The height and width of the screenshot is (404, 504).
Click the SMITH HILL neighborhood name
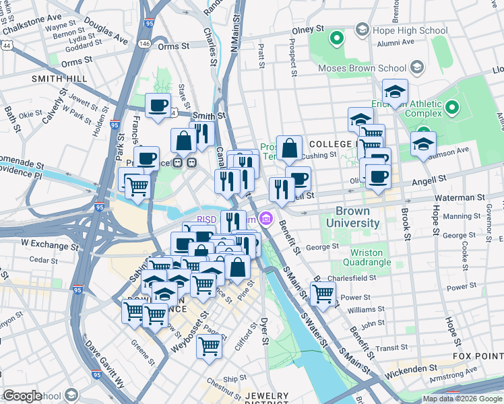click(x=59, y=79)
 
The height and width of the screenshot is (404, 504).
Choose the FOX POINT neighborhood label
click(x=477, y=356)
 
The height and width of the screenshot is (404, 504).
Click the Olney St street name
click(x=308, y=30)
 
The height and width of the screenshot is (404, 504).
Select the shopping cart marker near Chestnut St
click(x=210, y=346)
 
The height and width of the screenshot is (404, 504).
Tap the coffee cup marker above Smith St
click(x=158, y=105)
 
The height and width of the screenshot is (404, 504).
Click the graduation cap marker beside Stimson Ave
click(x=423, y=143)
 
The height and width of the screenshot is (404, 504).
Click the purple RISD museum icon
click(x=266, y=219)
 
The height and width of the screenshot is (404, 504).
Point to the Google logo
click(x=22, y=396)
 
